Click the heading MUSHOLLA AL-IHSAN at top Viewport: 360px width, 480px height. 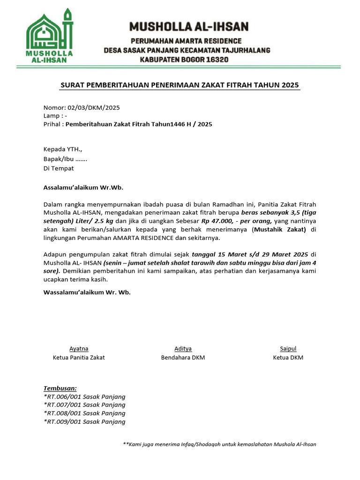click(x=189, y=26)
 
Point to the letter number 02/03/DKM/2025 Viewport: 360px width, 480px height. click(x=94, y=107)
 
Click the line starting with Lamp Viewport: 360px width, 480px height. click(x=55, y=116)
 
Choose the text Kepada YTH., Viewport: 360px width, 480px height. click(x=63, y=150)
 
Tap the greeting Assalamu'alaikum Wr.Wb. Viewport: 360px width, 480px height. click(x=83, y=187)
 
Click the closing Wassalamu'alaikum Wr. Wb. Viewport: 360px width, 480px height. click(x=87, y=292)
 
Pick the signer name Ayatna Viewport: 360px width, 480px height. click(x=79, y=349)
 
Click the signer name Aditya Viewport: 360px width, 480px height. click(x=183, y=349)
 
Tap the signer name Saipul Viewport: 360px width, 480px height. click(x=288, y=349)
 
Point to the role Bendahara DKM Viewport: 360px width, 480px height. click(x=183, y=358)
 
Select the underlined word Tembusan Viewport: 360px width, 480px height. click(x=60, y=388)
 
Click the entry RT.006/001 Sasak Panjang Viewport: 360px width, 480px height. click(x=84, y=397)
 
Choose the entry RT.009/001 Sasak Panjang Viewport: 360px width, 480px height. click(x=84, y=421)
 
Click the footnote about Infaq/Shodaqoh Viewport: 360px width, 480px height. click(x=219, y=444)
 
